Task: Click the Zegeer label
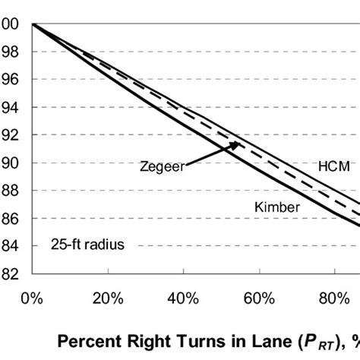point(162,166)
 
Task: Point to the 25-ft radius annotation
point(87,245)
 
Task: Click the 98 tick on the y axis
point(11,52)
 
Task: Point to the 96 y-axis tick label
point(11,80)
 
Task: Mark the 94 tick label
point(11,107)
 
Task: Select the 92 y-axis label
point(11,135)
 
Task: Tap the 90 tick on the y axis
point(11,163)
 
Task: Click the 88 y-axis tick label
point(11,191)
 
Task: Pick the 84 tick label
point(11,246)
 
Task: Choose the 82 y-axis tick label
point(11,273)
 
